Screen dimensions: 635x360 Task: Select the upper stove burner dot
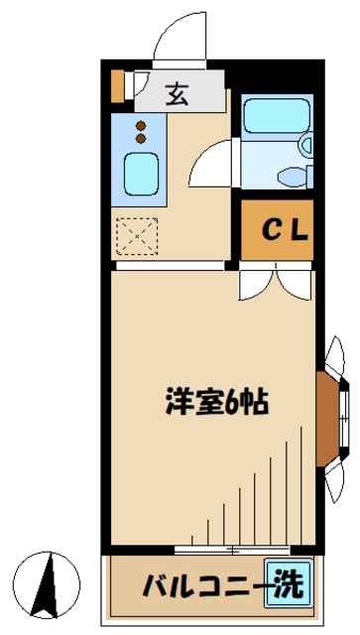click(x=140, y=125)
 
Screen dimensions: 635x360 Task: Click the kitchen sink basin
click(x=142, y=177)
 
